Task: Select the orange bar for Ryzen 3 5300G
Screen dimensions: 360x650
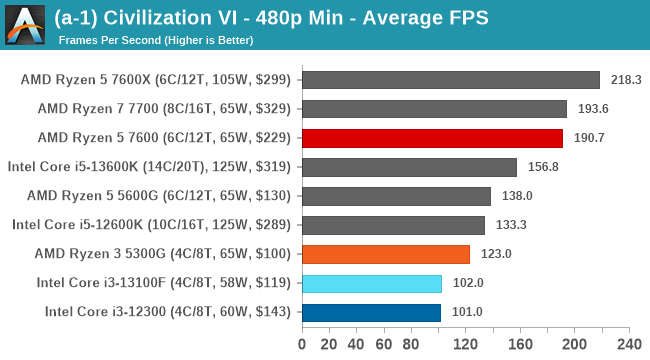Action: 385,254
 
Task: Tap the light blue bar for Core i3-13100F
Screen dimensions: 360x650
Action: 371,283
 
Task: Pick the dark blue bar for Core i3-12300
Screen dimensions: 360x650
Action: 370,312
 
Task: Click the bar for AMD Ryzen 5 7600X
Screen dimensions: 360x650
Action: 450,80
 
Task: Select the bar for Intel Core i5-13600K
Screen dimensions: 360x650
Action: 408,167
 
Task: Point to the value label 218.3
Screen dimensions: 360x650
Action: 626,80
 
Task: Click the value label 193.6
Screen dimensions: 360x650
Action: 592,109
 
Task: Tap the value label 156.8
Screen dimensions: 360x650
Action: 542,167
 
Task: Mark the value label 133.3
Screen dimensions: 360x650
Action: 510,225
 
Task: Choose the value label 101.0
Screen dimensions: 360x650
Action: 466,312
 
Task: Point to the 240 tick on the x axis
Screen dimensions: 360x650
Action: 628,345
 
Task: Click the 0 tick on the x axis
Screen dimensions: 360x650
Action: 302,345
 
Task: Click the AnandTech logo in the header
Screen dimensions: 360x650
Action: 27,25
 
